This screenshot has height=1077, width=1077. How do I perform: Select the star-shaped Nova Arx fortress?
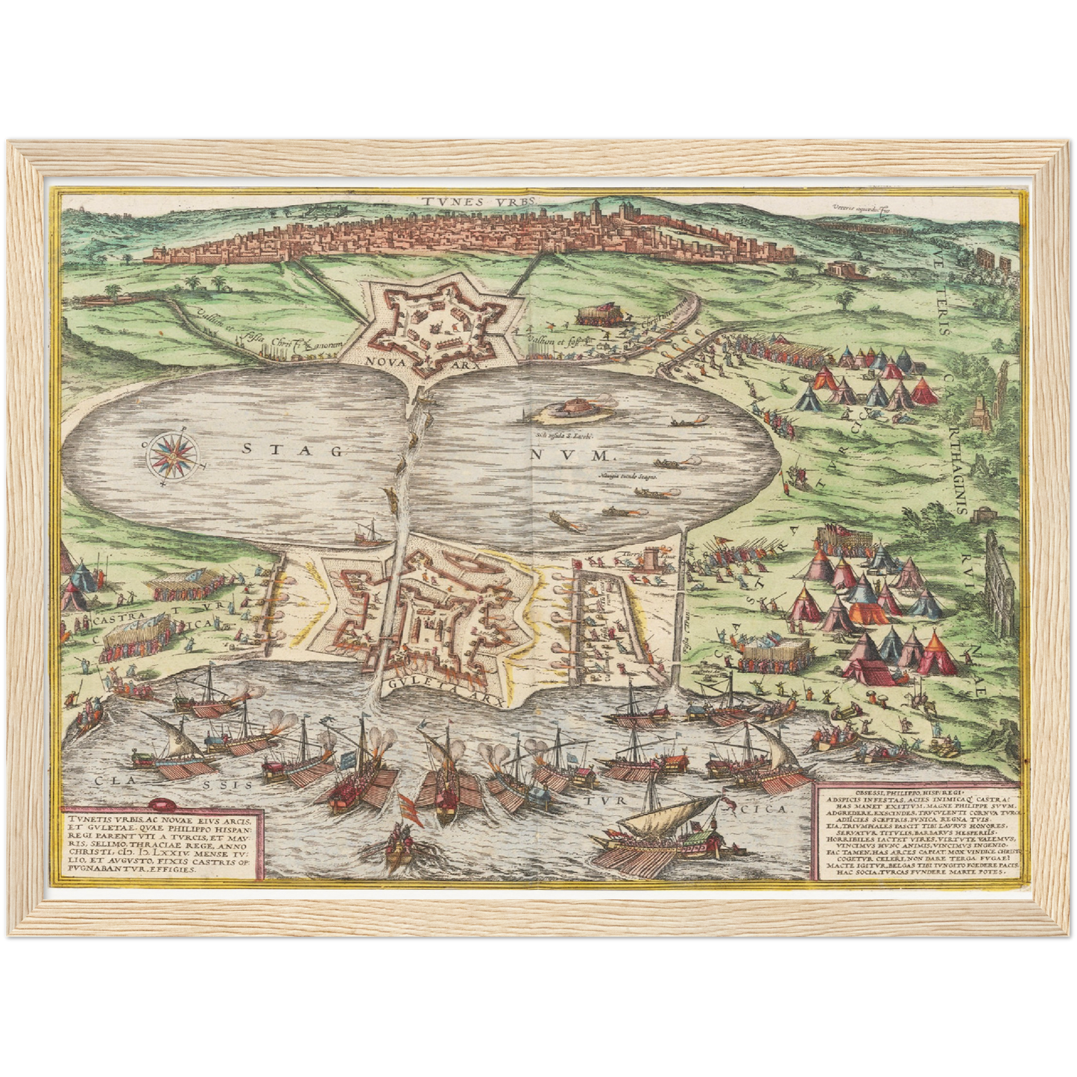435,322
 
